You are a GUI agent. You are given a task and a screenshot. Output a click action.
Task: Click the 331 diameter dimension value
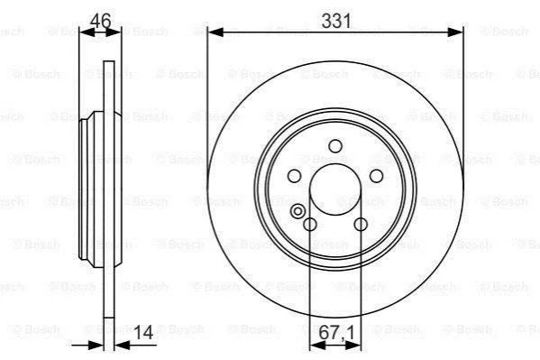(x=336, y=21)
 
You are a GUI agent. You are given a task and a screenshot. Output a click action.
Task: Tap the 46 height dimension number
(x=101, y=21)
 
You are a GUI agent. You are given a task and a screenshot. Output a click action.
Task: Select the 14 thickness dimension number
(x=143, y=332)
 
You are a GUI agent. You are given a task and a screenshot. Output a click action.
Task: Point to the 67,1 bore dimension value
(x=336, y=333)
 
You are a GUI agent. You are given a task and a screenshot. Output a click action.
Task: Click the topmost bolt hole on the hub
(x=335, y=146)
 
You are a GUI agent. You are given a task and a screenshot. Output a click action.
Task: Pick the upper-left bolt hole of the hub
(x=294, y=176)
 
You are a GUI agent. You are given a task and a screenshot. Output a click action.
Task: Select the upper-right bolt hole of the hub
(x=376, y=176)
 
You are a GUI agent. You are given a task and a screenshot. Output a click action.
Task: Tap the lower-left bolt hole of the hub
(x=310, y=225)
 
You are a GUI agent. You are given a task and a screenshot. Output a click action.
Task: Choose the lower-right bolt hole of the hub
(x=361, y=225)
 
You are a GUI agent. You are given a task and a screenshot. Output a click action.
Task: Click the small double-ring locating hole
(x=297, y=211)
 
